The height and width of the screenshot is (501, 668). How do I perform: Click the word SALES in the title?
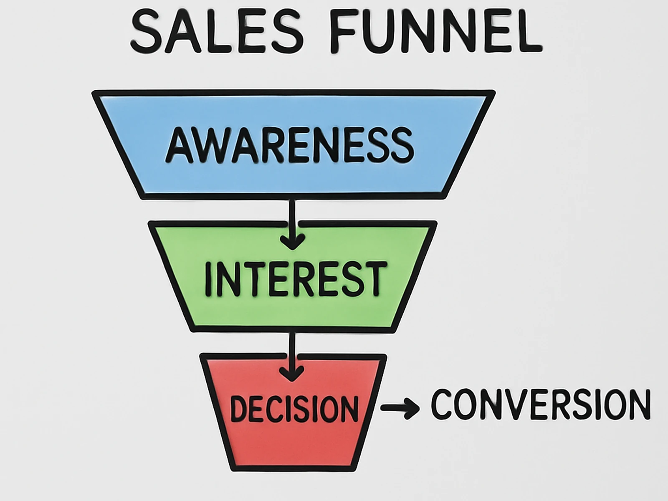217,31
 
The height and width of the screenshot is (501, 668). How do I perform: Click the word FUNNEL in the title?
436,31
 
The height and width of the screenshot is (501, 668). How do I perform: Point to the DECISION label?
294,408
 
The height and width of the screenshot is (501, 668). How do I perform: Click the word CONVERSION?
541,404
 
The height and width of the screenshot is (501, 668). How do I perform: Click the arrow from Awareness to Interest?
292,225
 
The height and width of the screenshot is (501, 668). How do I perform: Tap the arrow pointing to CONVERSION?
400,408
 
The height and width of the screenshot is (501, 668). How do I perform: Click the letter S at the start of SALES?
146,31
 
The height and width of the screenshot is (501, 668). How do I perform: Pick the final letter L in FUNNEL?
527,31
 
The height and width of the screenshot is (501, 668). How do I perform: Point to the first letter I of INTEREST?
208,278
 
